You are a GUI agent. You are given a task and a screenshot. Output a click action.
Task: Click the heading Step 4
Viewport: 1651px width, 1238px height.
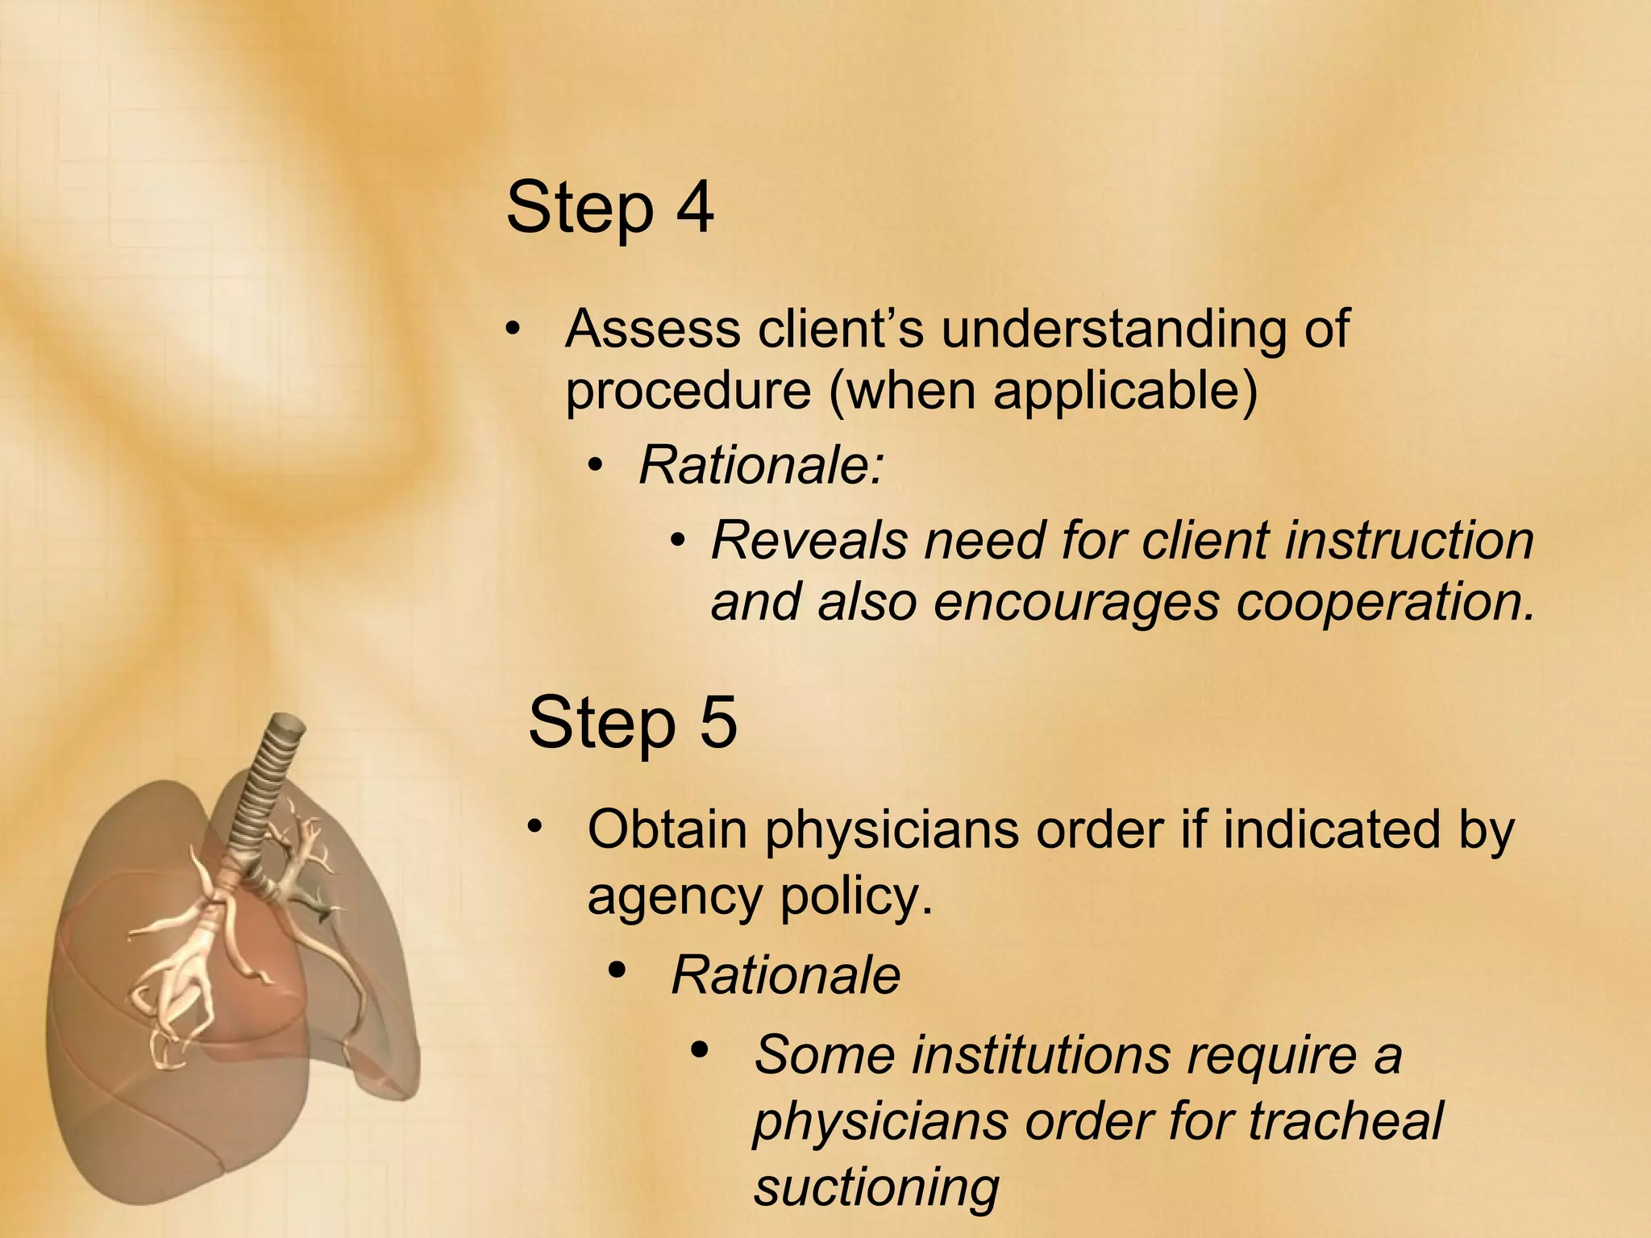pyautogui.click(x=609, y=208)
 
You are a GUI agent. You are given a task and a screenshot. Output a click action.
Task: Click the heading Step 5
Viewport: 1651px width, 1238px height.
pyautogui.click(x=632, y=722)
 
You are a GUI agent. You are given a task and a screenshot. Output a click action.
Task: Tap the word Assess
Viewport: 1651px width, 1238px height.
pyautogui.click(x=652, y=330)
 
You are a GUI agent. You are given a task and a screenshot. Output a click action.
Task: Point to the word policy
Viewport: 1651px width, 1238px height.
pyautogui.click(x=857, y=896)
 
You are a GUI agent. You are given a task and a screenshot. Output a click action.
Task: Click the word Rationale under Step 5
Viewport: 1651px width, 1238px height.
pyautogui.click(x=785, y=975)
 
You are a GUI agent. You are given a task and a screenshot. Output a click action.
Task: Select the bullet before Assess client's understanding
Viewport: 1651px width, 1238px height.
pyautogui.click(x=511, y=330)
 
